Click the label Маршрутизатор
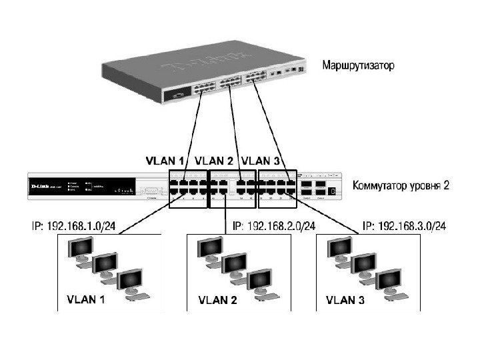(x=358, y=66)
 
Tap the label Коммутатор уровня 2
(x=400, y=185)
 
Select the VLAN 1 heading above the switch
(x=164, y=161)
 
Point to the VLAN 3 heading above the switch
(x=260, y=161)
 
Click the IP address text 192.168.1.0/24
(x=74, y=227)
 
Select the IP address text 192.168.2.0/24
(x=274, y=227)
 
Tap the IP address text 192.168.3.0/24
(x=404, y=227)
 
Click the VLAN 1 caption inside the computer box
(x=85, y=299)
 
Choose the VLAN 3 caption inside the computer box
(x=345, y=299)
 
